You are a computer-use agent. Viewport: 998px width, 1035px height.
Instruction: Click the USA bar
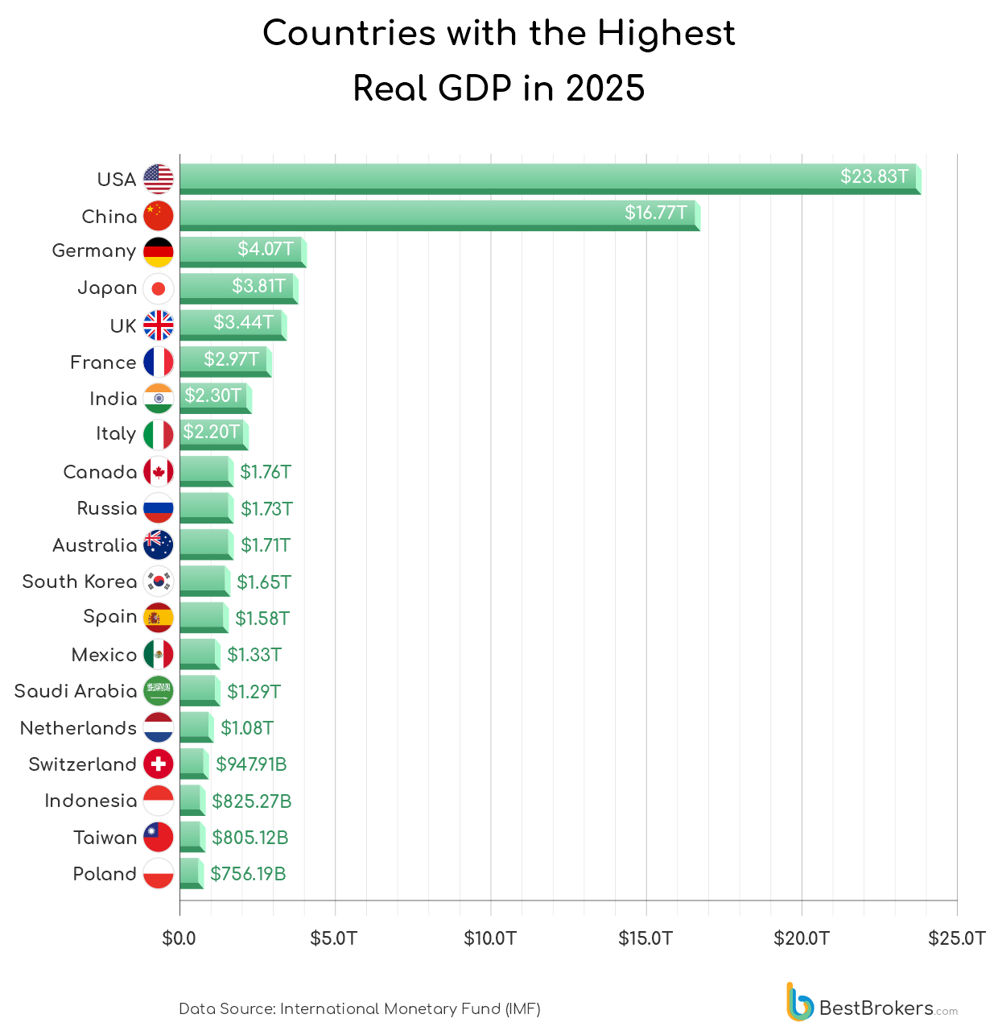tap(547, 178)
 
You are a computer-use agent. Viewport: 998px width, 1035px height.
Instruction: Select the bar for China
tap(439, 215)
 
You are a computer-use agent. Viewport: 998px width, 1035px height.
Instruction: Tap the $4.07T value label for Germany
tap(266, 249)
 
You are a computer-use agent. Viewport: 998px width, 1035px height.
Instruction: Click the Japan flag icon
tap(159, 288)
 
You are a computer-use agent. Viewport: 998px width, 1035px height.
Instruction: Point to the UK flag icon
tap(159, 325)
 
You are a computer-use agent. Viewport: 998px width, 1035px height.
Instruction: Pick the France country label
tap(103, 362)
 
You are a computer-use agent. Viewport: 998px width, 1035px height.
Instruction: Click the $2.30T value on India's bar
tap(213, 395)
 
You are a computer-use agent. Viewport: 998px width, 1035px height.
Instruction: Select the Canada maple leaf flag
tap(159, 472)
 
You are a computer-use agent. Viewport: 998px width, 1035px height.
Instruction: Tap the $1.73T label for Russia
tap(266, 509)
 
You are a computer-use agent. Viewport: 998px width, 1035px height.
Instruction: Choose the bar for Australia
tap(206, 544)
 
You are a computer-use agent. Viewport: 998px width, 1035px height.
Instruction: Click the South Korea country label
tap(80, 582)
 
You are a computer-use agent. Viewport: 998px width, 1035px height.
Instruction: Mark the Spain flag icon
tap(159, 618)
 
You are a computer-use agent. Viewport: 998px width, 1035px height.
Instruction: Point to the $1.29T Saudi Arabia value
tap(254, 692)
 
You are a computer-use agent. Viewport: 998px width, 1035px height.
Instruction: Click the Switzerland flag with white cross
tap(159, 764)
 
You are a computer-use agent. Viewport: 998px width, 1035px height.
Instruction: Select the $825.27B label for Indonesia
tap(251, 801)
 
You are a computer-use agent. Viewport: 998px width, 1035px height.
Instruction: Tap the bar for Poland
tap(191, 873)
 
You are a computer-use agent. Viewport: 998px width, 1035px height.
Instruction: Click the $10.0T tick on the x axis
tap(490, 938)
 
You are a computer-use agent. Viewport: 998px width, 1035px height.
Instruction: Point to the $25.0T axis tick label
tap(956, 938)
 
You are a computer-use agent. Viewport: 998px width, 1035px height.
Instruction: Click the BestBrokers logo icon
tap(800, 1002)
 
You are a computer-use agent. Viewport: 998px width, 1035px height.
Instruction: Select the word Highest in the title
tap(666, 34)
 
